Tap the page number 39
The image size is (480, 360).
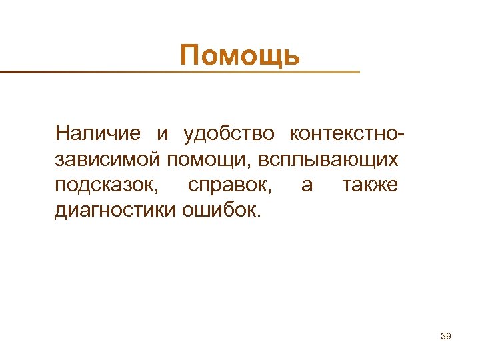pyautogui.click(x=446, y=337)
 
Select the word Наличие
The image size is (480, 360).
pyautogui.click(x=98, y=133)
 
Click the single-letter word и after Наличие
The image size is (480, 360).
pyautogui.click(x=163, y=134)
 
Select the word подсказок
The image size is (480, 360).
pyautogui.click(x=107, y=185)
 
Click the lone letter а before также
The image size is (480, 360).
pyautogui.click(x=307, y=185)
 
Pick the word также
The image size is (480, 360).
pyautogui.click(x=370, y=185)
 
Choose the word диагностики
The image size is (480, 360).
pyautogui.click(x=115, y=211)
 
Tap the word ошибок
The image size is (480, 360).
pyautogui.click(x=223, y=211)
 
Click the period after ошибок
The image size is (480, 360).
pyautogui.click(x=262, y=216)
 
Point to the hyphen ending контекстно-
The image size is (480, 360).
pyautogui.click(x=401, y=135)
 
